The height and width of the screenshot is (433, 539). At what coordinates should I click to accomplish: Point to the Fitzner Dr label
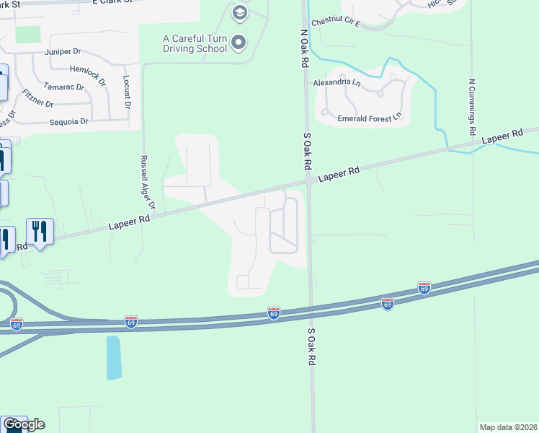point(37,99)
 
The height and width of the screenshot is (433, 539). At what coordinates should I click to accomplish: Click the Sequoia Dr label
point(68,121)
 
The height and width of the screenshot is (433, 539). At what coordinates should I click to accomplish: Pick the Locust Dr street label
point(127,92)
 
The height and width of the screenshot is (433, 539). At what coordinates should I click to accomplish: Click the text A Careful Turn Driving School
point(195,43)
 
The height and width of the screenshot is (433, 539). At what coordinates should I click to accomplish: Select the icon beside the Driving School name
point(239,43)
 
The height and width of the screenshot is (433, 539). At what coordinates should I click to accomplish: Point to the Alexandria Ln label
point(337,82)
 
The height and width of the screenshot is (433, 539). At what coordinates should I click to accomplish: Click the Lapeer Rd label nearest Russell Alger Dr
point(129,220)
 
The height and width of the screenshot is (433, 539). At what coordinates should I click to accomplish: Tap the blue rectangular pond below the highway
point(114,357)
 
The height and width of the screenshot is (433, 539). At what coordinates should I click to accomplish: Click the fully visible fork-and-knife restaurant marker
point(40,232)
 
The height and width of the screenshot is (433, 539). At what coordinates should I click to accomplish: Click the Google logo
point(23,424)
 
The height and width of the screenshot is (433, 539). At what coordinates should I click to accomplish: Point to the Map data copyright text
point(509,427)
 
